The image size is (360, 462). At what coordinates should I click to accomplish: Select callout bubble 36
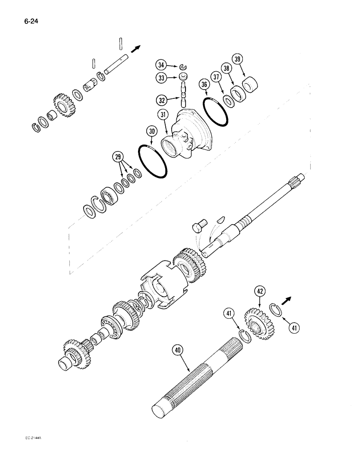tap(205, 85)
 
